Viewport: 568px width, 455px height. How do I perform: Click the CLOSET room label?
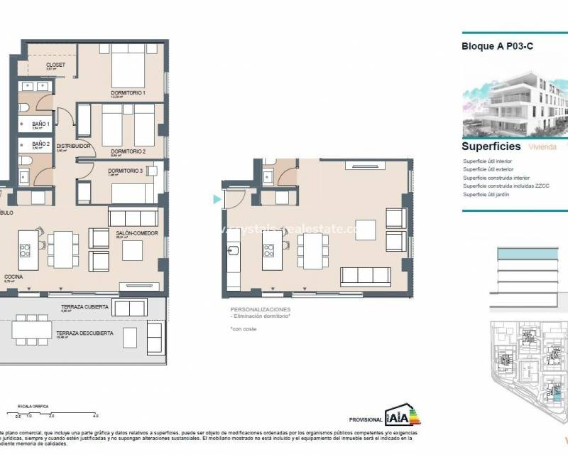point(55,65)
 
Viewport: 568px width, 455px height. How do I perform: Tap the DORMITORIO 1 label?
point(128,93)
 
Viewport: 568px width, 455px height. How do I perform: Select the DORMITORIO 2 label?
point(128,151)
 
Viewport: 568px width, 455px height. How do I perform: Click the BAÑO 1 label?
point(41,124)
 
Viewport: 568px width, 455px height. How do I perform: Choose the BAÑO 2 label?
point(41,143)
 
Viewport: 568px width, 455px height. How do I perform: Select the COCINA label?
point(14,277)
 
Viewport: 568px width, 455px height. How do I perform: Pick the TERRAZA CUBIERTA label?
point(84,306)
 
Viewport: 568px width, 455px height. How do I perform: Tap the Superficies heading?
point(491,146)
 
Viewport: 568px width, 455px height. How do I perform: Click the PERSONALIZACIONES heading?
point(260,310)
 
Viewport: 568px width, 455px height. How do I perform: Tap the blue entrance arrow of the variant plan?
point(217,200)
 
